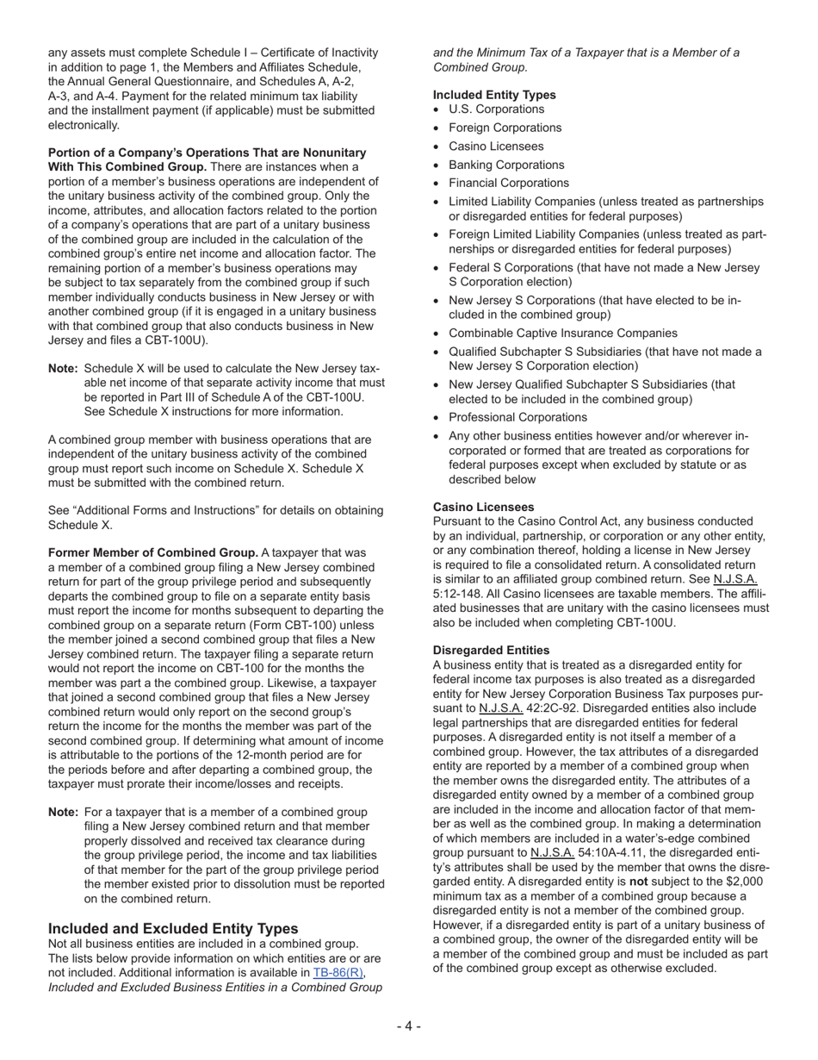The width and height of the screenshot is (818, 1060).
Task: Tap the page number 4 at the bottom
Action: click(x=408, y=1026)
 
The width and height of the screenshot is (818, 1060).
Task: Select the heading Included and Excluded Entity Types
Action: click(x=173, y=928)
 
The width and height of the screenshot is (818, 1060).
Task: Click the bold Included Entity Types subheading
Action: click(x=494, y=95)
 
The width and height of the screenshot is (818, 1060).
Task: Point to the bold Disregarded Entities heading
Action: click(x=491, y=649)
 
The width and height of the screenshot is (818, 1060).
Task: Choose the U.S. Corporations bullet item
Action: click(x=496, y=109)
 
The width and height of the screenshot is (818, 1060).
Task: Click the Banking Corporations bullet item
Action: click(x=506, y=165)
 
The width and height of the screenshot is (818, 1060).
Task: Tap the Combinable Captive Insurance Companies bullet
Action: click(x=562, y=333)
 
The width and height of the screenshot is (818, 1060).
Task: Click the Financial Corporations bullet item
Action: click(x=508, y=183)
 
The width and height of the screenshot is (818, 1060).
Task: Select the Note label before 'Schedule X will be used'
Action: click(x=64, y=369)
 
